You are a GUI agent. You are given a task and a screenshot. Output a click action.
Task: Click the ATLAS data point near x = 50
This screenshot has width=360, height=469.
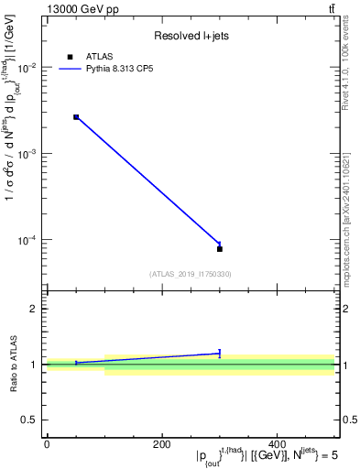76,117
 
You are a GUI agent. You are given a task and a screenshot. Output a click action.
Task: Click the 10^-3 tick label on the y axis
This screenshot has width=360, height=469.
29,154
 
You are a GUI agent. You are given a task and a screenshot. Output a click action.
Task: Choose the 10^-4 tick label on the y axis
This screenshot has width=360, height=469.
29,240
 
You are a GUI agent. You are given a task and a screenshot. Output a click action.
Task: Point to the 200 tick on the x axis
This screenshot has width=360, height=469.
162,444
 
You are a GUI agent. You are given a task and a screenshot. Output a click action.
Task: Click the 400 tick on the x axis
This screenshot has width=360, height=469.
278,444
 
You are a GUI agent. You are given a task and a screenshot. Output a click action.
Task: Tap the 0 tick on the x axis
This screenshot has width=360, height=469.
47,444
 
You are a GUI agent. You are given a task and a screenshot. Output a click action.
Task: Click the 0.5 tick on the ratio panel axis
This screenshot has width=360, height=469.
31,420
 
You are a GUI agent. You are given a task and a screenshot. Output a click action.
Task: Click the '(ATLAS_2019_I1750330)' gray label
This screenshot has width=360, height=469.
190,273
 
